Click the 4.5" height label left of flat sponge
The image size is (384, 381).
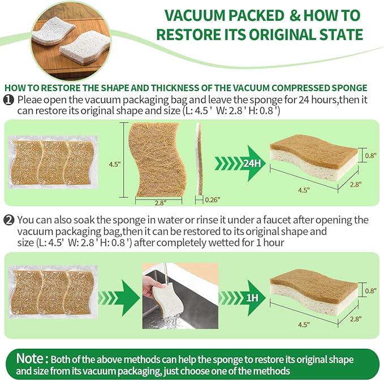click(x=114, y=164)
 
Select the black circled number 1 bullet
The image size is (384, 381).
click(x=9, y=99)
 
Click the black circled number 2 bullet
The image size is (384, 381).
click(x=9, y=220)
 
